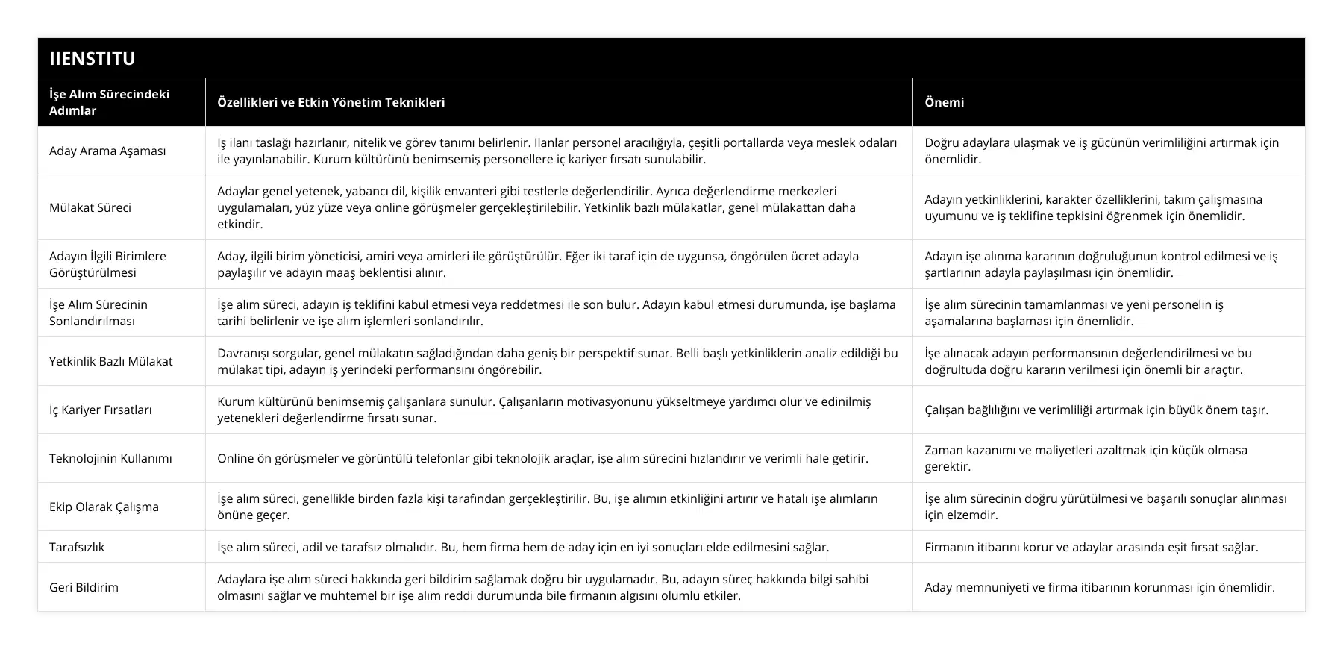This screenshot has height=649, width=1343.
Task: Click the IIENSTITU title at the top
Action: (x=93, y=59)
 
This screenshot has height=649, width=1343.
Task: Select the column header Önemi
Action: (x=944, y=102)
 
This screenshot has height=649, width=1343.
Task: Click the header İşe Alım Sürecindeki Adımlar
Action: (x=109, y=102)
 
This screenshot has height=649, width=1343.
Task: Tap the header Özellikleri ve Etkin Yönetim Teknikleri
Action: (x=331, y=102)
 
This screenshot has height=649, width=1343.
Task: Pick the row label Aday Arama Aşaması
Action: (x=107, y=151)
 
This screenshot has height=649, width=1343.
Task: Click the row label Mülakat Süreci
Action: (x=90, y=207)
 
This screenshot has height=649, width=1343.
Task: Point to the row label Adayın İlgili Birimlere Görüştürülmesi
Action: (x=107, y=264)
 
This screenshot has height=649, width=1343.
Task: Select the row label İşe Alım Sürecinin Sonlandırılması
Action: (x=98, y=313)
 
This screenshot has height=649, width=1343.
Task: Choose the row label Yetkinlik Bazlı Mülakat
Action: (x=110, y=361)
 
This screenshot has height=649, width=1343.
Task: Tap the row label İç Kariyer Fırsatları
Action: (x=101, y=410)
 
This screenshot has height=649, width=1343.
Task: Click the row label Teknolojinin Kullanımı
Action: (x=110, y=458)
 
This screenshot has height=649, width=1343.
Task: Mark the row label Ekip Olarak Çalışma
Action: (x=104, y=507)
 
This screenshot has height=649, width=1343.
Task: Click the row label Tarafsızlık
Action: (x=77, y=547)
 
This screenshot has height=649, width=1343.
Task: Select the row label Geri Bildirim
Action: (x=84, y=587)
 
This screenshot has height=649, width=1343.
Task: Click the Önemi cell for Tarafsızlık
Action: (x=1091, y=547)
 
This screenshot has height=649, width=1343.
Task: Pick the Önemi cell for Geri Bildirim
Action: (x=1099, y=587)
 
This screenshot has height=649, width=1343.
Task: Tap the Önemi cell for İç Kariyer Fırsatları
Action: (x=1096, y=410)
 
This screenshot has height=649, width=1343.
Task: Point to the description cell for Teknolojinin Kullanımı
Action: (x=542, y=458)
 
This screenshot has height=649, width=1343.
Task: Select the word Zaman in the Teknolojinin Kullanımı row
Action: (x=942, y=450)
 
